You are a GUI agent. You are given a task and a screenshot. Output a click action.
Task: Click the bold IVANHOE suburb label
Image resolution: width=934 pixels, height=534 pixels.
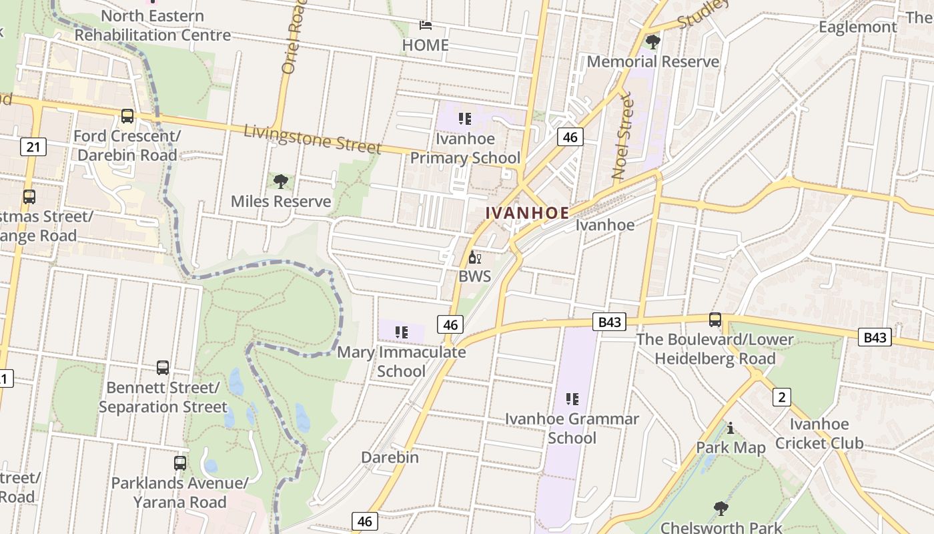point(527,213)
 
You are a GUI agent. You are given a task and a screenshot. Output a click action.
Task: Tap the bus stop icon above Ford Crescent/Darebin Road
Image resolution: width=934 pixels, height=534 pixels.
point(127,116)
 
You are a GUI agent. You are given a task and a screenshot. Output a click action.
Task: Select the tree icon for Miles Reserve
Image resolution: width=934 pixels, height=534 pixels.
point(281,181)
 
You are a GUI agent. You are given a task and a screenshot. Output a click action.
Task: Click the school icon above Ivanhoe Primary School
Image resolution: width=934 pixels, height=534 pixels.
point(465,119)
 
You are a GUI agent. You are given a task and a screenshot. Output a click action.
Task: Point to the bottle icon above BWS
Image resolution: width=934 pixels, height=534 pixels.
point(474,257)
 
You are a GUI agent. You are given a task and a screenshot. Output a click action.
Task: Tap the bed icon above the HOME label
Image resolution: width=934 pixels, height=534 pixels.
point(426,25)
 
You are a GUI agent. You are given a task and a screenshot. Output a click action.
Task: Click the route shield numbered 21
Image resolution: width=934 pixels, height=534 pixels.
point(33,146)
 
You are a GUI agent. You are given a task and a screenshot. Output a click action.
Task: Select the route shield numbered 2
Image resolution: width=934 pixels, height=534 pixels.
point(781,397)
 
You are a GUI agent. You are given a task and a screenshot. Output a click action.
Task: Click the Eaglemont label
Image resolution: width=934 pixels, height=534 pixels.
point(857,27)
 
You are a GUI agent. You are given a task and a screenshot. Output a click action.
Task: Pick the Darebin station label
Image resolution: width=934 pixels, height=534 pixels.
point(390,457)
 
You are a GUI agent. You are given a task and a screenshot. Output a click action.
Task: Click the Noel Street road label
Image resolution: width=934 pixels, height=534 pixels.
point(621,137)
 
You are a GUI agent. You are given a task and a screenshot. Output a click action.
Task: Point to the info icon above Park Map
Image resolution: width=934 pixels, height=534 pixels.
point(731,428)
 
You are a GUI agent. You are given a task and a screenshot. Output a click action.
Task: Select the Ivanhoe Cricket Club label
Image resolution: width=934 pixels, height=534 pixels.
point(819,433)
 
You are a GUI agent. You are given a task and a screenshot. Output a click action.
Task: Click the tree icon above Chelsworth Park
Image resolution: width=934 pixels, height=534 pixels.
point(721,509)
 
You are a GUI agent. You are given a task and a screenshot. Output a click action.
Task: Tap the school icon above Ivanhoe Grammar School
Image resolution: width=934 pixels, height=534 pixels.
point(572,399)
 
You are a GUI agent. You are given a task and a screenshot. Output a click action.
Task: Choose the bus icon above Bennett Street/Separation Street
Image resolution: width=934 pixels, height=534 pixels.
point(163,367)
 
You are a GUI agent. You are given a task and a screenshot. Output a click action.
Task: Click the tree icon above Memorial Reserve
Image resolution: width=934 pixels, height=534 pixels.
point(653,42)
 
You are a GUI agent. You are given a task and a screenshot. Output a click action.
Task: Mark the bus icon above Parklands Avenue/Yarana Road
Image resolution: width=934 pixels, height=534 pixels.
point(180,463)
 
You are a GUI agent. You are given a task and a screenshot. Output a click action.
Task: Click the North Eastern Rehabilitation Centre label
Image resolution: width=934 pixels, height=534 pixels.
point(153,25)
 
